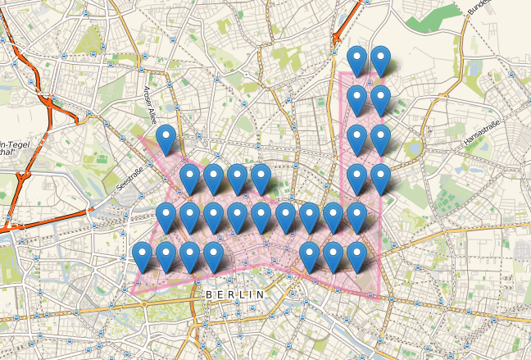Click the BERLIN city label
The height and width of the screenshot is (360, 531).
click(236, 294)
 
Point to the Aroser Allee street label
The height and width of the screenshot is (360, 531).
click(152, 105)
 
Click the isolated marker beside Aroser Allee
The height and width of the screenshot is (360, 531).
click(166, 139)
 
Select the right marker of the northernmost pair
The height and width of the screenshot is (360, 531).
click(380, 60)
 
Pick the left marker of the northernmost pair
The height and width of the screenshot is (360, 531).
click(356, 60)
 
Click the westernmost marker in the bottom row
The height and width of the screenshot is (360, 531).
click(143, 256)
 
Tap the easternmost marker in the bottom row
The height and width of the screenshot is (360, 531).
click(356, 256)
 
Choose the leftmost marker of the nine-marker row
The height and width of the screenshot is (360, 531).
click(166, 217)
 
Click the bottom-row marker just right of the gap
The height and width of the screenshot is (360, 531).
click(309, 256)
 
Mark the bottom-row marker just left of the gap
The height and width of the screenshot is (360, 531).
click(214, 256)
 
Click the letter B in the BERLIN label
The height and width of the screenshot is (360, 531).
click(210, 294)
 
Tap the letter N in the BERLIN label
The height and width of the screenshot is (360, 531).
click(261, 294)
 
